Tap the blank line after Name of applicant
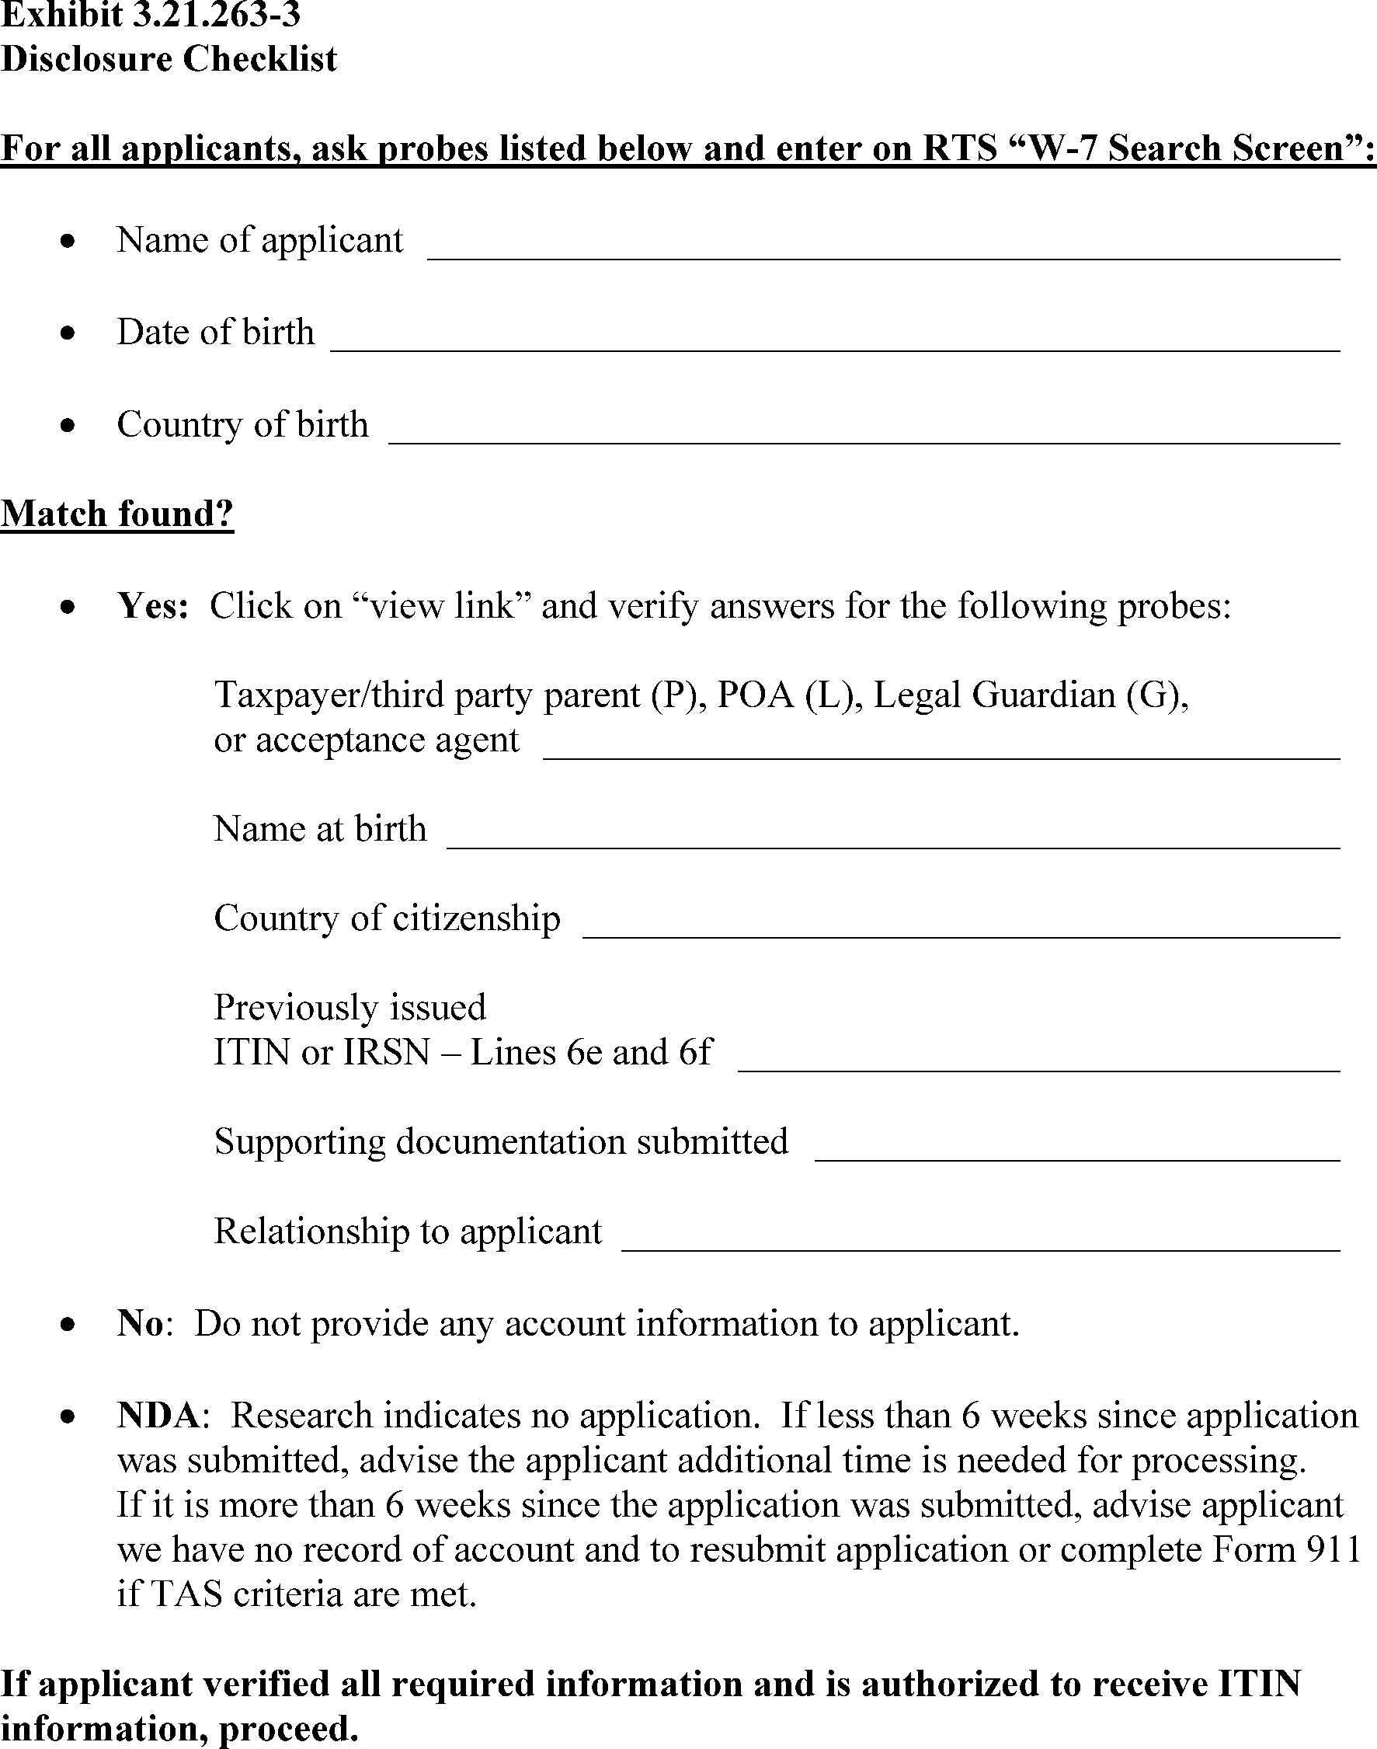coord(883,256)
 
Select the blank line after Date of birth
coord(834,348)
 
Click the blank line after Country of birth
coord(864,441)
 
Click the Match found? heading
coord(117,514)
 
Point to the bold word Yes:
coord(152,605)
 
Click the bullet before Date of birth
coord(69,333)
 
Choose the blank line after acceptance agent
coord(941,756)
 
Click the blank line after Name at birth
coord(892,846)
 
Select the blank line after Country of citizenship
coord(960,935)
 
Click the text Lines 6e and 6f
coord(592,1053)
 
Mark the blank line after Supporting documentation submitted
coord(1076,1158)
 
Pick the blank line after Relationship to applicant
coord(980,1249)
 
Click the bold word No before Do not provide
coord(141,1324)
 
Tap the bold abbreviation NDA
coord(158,1416)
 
